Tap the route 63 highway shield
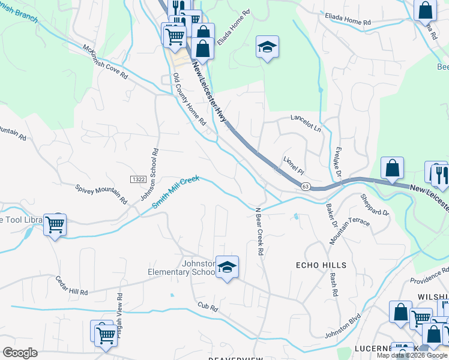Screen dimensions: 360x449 tap(305, 187)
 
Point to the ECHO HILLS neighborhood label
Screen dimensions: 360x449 tap(321, 265)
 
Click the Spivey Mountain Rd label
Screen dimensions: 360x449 tap(101, 193)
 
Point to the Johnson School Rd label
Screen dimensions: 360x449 tap(151, 173)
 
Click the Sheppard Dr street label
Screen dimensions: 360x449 tap(375, 205)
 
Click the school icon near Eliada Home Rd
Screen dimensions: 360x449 tap(267, 47)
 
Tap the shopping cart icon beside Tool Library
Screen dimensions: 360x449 tap(55, 226)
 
